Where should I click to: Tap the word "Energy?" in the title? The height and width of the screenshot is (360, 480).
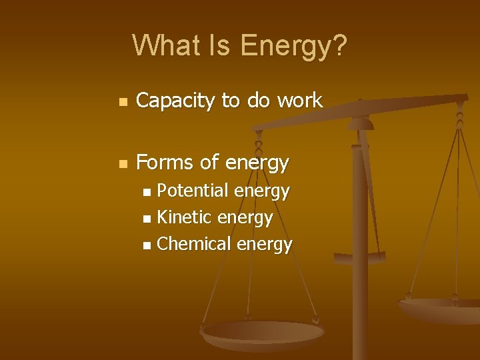[x=293, y=46]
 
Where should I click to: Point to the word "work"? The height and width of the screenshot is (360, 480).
[x=299, y=101]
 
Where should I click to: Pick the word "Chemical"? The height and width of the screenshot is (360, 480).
[x=193, y=244]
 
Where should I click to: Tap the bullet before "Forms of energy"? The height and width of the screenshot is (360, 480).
[x=121, y=164]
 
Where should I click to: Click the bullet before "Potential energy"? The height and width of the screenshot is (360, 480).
[x=147, y=193]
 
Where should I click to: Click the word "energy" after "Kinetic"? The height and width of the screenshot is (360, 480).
[x=245, y=218]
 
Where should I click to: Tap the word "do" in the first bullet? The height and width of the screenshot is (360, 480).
[x=259, y=101]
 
